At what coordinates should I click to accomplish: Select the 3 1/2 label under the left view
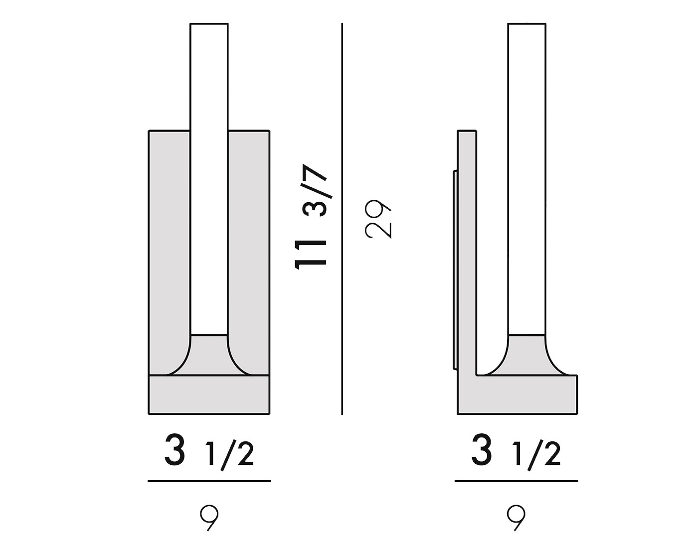tap(209, 451)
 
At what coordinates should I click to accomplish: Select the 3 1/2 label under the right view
tap(516, 451)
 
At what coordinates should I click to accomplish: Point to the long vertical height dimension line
tap(342, 219)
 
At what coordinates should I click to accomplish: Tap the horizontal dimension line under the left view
tap(209, 481)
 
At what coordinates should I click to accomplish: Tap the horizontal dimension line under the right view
tap(516, 481)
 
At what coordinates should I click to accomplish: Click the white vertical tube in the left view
tap(209, 179)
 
